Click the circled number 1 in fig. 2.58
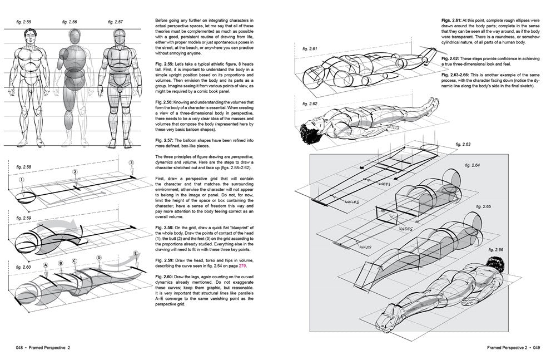coord(21,180)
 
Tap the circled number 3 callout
coord(131,162)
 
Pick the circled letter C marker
coord(75,261)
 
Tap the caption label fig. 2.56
coord(69,22)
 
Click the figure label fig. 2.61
coord(309,48)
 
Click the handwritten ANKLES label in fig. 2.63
coord(352,202)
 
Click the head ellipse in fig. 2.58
coord(26,195)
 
